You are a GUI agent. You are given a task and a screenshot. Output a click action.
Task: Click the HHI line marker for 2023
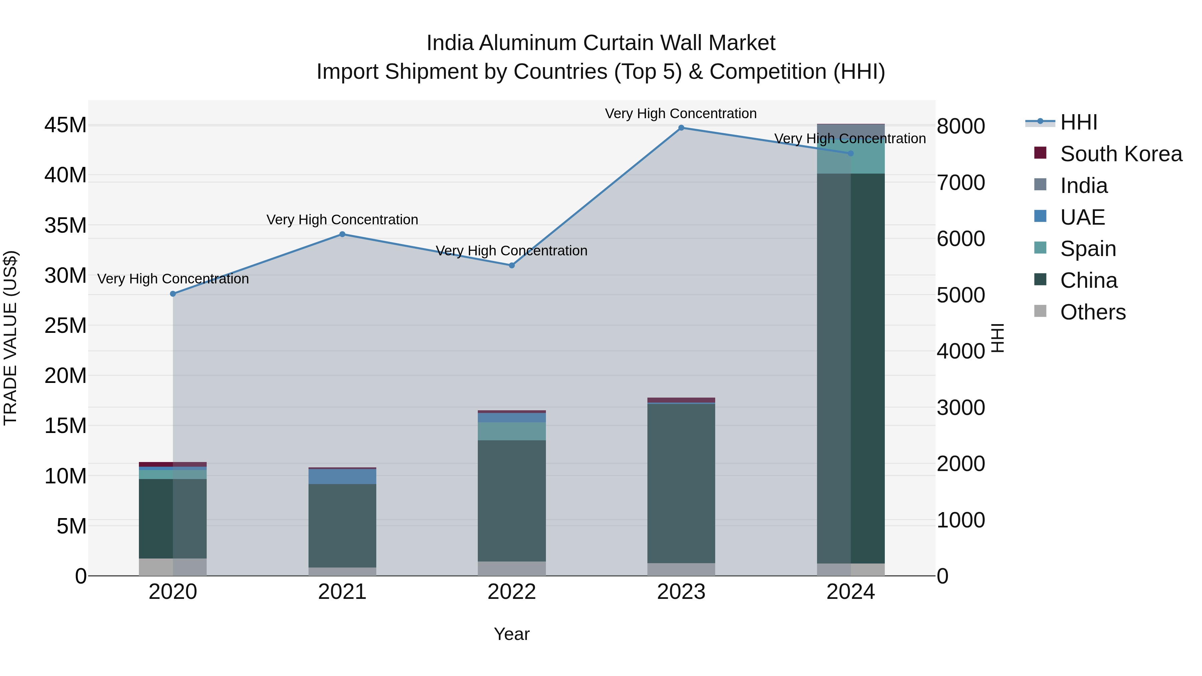(681, 128)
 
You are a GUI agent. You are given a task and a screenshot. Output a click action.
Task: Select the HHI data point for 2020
(173, 294)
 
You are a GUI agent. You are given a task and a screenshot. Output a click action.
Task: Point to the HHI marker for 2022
(512, 265)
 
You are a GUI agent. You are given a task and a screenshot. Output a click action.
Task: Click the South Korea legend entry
(1121, 154)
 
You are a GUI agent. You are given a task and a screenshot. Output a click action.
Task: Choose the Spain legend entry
(1088, 249)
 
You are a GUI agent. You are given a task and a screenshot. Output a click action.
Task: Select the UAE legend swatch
(1040, 216)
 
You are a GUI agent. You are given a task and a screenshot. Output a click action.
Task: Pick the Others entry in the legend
(1092, 312)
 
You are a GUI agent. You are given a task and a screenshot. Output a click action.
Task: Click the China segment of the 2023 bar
(681, 483)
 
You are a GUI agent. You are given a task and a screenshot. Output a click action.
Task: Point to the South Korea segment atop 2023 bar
(681, 400)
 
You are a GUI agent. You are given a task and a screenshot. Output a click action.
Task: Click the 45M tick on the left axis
(65, 126)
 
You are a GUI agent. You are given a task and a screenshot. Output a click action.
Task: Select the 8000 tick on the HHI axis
(961, 127)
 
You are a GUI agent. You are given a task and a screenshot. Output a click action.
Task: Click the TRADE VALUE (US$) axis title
(10, 338)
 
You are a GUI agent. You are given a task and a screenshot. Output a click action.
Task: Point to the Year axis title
(512, 634)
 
